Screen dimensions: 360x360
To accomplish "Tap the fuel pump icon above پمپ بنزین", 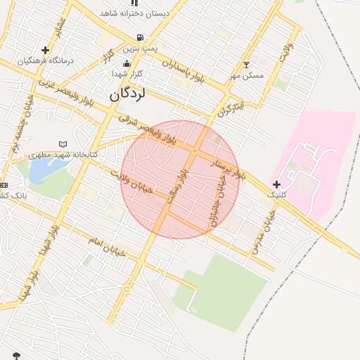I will point(141,38).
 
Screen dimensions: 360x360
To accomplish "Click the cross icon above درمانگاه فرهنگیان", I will point(46,50).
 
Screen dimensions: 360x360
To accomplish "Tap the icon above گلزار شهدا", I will point(127,64).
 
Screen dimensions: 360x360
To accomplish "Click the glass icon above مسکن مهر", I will point(246,65).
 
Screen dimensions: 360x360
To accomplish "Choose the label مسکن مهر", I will point(246,75).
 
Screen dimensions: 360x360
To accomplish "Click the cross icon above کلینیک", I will point(276,184).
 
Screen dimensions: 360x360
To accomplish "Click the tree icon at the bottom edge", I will point(17,355).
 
